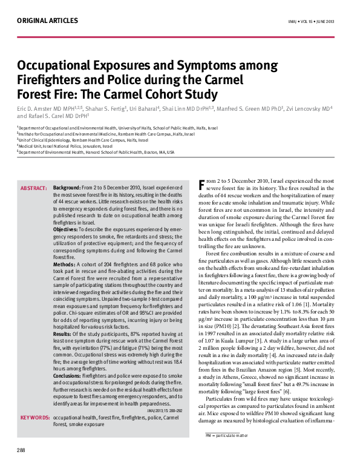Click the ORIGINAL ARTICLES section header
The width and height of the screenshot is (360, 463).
click(47, 21)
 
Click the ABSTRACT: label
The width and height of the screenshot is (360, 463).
click(34, 188)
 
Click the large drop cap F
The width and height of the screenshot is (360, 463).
click(203, 185)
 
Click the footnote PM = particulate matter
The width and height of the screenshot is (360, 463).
click(227, 452)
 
